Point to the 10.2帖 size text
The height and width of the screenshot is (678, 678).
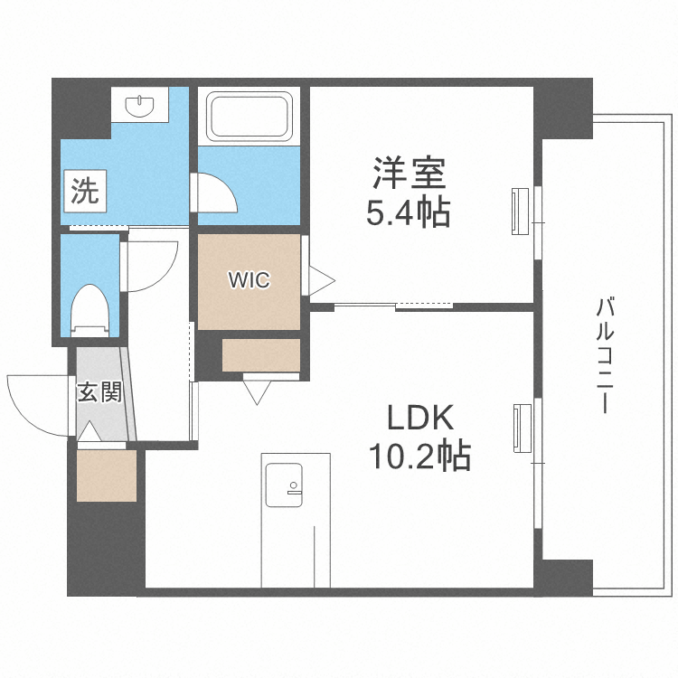[x=418, y=457]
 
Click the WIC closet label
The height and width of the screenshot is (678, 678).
[x=248, y=280]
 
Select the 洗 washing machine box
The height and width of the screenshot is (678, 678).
[x=85, y=191]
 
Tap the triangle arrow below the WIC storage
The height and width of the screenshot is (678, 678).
[x=257, y=391]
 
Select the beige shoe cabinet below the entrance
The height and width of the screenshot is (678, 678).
[x=106, y=474]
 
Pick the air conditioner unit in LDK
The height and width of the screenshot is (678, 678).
[x=521, y=428]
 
